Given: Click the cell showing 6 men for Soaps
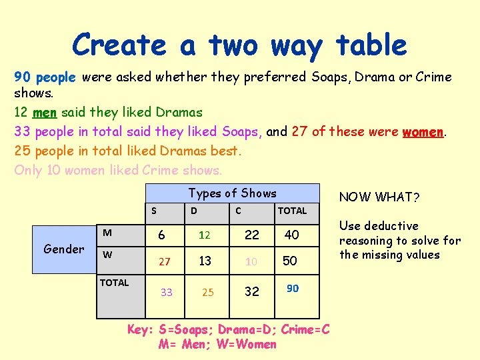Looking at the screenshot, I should [x=161, y=235].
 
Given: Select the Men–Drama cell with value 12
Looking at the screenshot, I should [x=205, y=235].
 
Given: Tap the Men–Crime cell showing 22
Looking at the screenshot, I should [x=252, y=235].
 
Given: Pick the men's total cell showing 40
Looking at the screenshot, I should [x=292, y=235].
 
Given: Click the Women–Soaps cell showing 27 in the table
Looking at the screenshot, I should [x=164, y=262].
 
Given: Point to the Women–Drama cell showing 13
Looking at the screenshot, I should [x=205, y=261].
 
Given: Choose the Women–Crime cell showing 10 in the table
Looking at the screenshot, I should [x=251, y=262].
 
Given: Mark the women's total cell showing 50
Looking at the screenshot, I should [x=290, y=261].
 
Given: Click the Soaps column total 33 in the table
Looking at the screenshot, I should [x=167, y=292].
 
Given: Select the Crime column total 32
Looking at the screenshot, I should [x=252, y=291].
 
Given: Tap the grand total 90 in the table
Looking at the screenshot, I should [x=293, y=288].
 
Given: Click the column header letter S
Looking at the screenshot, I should [x=154, y=211].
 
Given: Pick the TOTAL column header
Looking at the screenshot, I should [x=292, y=211].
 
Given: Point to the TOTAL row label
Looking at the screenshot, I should [x=115, y=283].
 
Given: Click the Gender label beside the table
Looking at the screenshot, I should [x=63, y=249].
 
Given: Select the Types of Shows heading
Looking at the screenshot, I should [x=232, y=193].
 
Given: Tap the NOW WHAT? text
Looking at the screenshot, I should [x=379, y=197].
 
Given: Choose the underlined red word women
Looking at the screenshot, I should [x=423, y=131].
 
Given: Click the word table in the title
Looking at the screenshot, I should [x=371, y=45].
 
